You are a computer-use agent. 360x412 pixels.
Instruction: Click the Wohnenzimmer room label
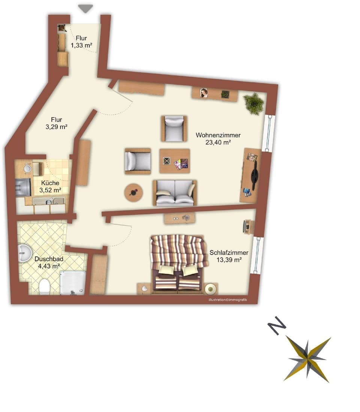(218, 135)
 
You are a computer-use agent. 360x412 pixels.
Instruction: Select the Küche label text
(50, 183)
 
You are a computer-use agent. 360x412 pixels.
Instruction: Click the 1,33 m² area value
(81, 45)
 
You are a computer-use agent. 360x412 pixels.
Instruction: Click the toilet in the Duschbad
(44, 287)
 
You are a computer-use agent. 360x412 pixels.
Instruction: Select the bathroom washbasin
(25, 253)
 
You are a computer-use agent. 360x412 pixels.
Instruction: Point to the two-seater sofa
(174, 193)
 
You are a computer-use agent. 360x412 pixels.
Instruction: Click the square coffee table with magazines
(174, 161)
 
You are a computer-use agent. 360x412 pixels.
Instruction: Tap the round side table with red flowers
(133, 193)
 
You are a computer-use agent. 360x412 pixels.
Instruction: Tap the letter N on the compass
(277, 325)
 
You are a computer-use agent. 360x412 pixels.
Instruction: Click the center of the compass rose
(307, 359)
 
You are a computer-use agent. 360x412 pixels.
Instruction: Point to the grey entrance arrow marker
(85, 8)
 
